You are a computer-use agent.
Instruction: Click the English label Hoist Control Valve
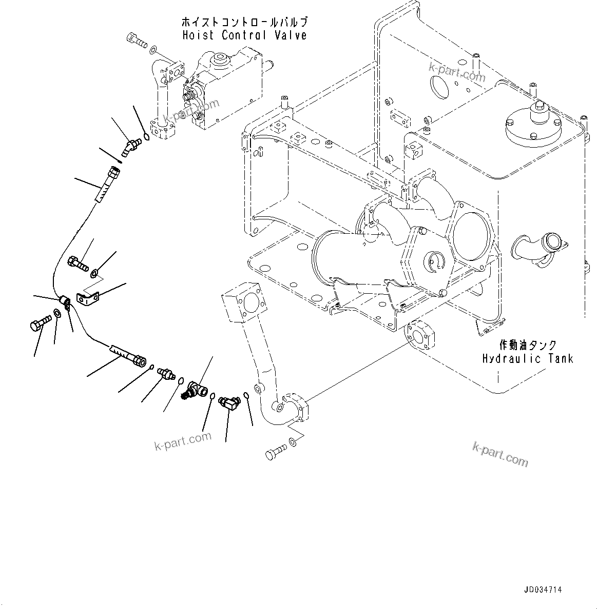point(244,35)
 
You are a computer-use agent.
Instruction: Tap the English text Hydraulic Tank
point(527,358)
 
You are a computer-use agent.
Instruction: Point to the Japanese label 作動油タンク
point(527,346)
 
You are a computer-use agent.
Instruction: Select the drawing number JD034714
point(543,590)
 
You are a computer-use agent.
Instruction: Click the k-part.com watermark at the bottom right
point(500,454)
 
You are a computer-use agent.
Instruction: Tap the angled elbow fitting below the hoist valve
point(130,146)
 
